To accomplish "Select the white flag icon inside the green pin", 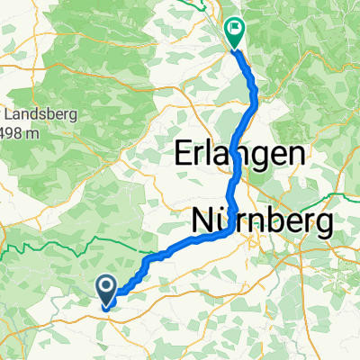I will [x=234, y=29].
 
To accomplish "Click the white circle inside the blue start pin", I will [x=106, y=288].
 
